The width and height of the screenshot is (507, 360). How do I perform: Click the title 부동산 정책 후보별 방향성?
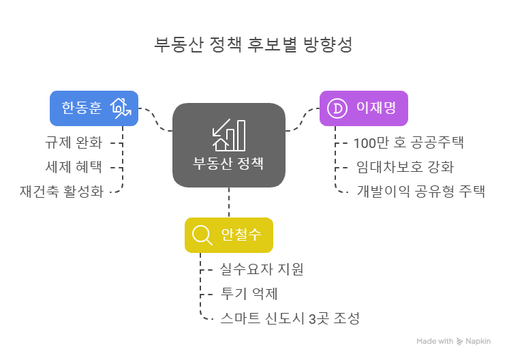pyautogui.click(x=253, y=45)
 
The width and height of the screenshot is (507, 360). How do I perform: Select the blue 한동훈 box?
pyautogui.click(x=94, y=108)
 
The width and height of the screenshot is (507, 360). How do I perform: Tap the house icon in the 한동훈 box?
pyautogui.click(x=121, y=108)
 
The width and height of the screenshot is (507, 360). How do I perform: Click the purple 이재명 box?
pyautogui.click(x=364, y=108)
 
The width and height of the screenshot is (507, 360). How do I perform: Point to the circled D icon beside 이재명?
pyautogui.click(x=337, y=108)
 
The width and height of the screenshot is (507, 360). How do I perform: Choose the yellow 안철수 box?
pyautogui.click(x=228, y=235)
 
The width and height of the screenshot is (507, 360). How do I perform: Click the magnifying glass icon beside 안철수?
pyautogui.click(x=202, y=235)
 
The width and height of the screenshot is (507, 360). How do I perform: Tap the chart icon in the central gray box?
pyautogui.click(x=229, y=135)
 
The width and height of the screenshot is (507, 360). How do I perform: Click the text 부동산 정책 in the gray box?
pyautogui.click(x=229, y=164)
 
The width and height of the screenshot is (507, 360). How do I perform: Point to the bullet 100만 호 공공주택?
pyautogui.click(x=408, y=143)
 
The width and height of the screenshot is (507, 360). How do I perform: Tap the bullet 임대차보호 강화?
pyautogui.click(x=405, y=167)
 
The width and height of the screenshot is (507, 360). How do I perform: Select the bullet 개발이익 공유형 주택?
pyautogui.click(x=420, y=191)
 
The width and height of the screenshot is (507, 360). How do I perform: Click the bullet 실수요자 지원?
pyautogui.click(x=262, y=269)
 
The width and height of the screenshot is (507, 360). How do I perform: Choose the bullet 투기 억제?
pyautogui.click(x=249, y=294)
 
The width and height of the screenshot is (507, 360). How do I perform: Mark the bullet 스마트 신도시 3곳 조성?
pyautogui.click(x=290, y=318)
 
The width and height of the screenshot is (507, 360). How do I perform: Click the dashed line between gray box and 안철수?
pyautogui.click(x=229, y=202)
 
